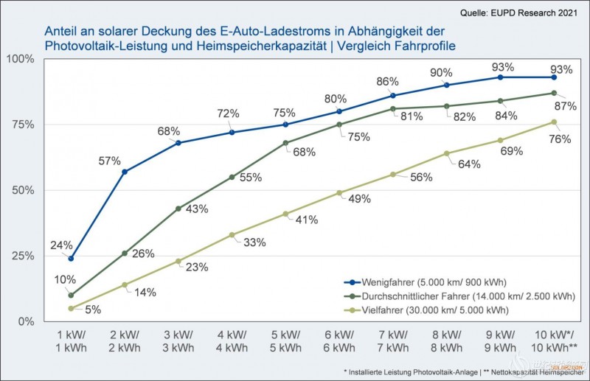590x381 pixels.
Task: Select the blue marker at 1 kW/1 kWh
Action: click(x=71, y=259)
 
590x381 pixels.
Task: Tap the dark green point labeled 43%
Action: click(x=178, y=209)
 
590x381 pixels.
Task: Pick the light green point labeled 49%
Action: click(x=339, y=193)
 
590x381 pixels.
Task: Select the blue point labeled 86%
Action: click(x=393, y=96)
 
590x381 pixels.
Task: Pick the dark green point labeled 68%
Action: click(x=285, y=143)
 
